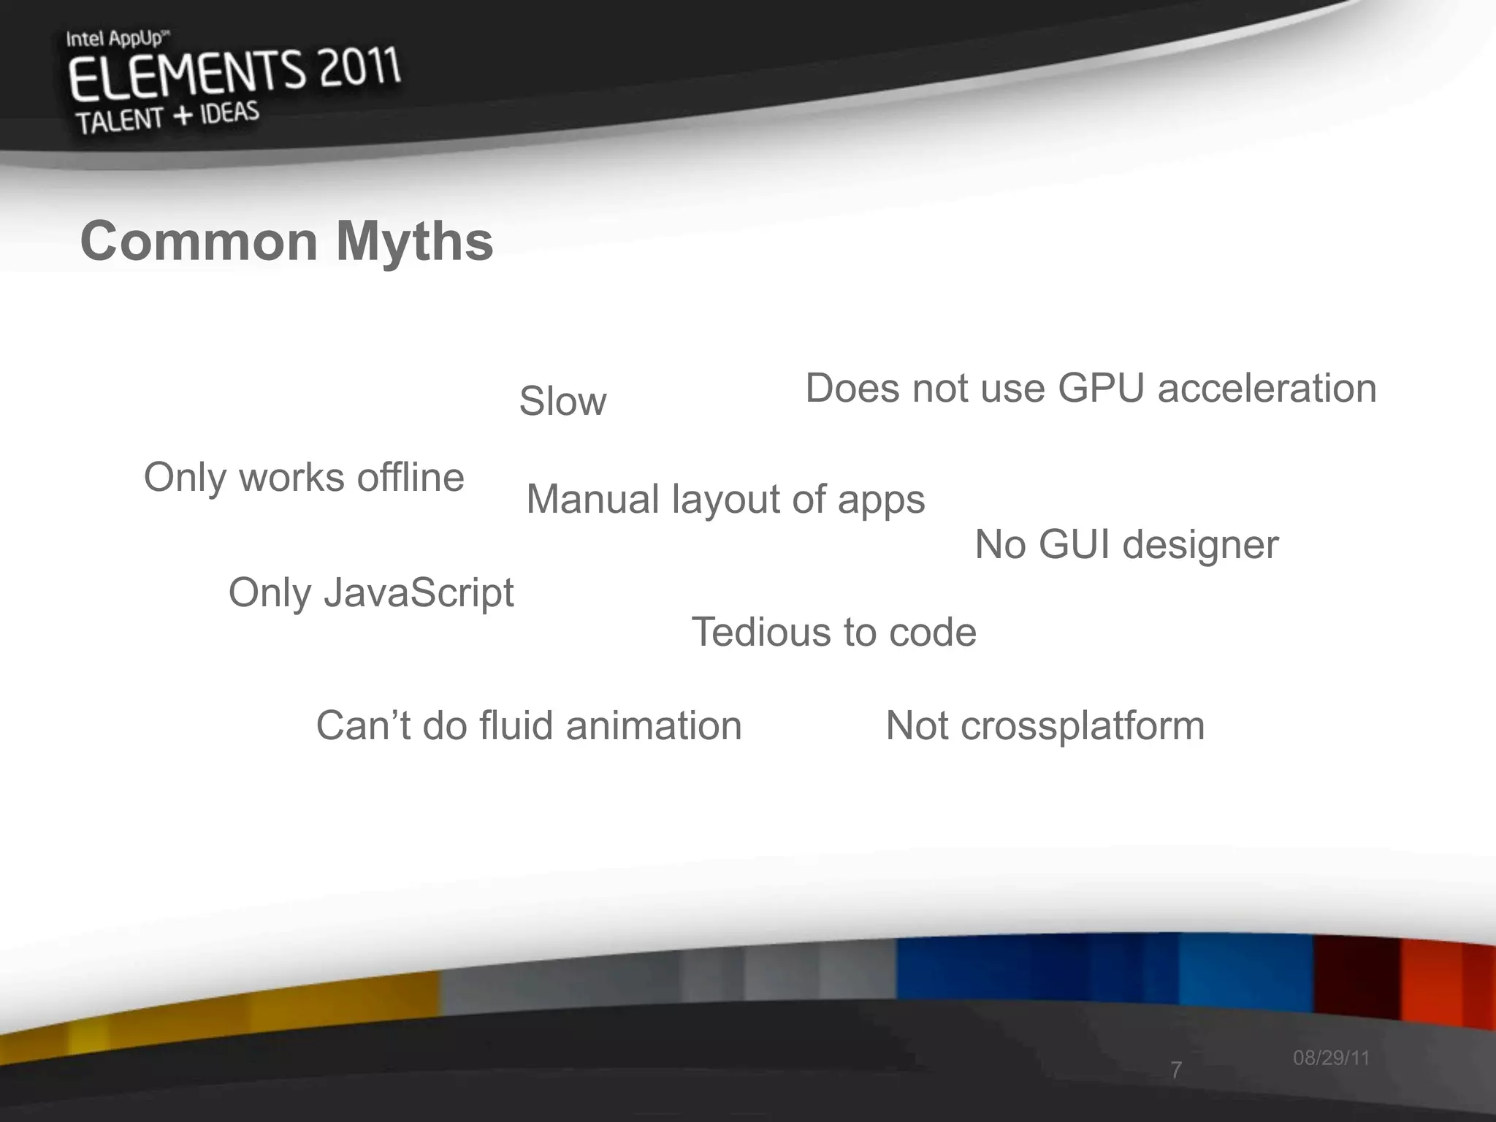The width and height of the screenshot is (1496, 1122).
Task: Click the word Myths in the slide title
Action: pos(414,242)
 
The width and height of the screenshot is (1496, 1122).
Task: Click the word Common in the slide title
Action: pos(199,242)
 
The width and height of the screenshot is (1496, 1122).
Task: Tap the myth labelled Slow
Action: pos(562,401)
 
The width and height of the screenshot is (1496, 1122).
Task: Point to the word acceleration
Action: pos(1267,388)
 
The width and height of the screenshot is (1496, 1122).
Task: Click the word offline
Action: pos(410,478)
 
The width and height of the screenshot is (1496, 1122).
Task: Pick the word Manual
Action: pos(592,500)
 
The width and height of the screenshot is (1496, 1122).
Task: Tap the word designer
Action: pos(1200,545)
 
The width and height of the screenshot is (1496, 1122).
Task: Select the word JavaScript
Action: pos(419,592)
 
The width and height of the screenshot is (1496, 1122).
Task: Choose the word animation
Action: pos(654,726)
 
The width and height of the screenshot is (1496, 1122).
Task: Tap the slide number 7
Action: pos(1175,1070)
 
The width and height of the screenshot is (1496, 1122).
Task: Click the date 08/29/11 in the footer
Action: pos(1331,1058)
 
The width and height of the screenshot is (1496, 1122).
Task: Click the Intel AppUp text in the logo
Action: pos(114,39)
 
